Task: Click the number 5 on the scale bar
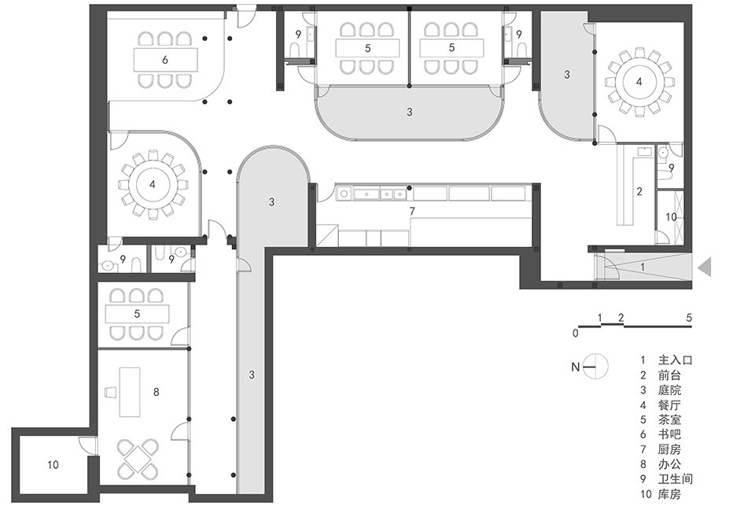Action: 689,318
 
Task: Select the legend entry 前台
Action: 669,375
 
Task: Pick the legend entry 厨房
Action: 669,449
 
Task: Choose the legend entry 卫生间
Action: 675,479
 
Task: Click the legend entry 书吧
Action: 669,434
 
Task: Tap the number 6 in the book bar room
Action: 165,60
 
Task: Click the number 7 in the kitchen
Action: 411,211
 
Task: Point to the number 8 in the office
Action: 156,392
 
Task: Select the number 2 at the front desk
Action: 639,191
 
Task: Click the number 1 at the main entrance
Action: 643,267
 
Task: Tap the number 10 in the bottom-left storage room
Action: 53,464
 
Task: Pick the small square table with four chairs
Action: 138,458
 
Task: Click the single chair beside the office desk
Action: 111,392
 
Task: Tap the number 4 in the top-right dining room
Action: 639,82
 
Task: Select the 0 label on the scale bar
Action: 576,333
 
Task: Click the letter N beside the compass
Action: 576,367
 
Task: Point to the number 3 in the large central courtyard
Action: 409,112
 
